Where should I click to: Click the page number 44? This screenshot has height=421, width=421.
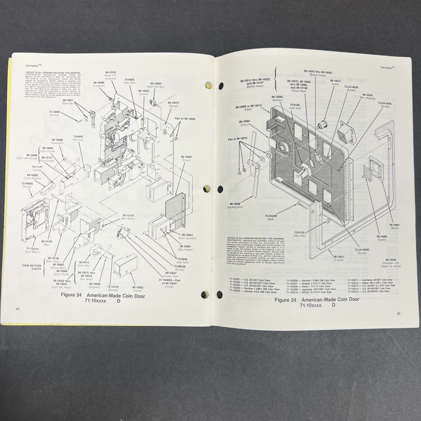pyautogui.click(x=18, y=309)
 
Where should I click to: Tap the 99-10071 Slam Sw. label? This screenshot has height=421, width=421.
pyautogui.click(x=68, y=102)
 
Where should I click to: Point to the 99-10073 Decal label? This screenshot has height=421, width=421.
pyautogui.click(x=173, y=104)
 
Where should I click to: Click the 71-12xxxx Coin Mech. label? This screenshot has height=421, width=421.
pyautogui.click(x=33, y=250)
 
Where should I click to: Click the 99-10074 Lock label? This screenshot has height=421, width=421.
pyautogui.click(x=335, y=82)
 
